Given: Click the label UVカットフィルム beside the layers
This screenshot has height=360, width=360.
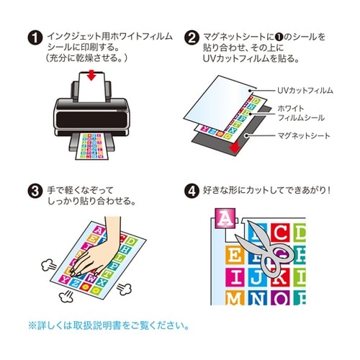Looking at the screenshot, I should pyautogui.click(x=305, y=91).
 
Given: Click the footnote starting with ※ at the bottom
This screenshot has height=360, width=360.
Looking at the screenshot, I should pyautogui.click(x=108, y=325).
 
